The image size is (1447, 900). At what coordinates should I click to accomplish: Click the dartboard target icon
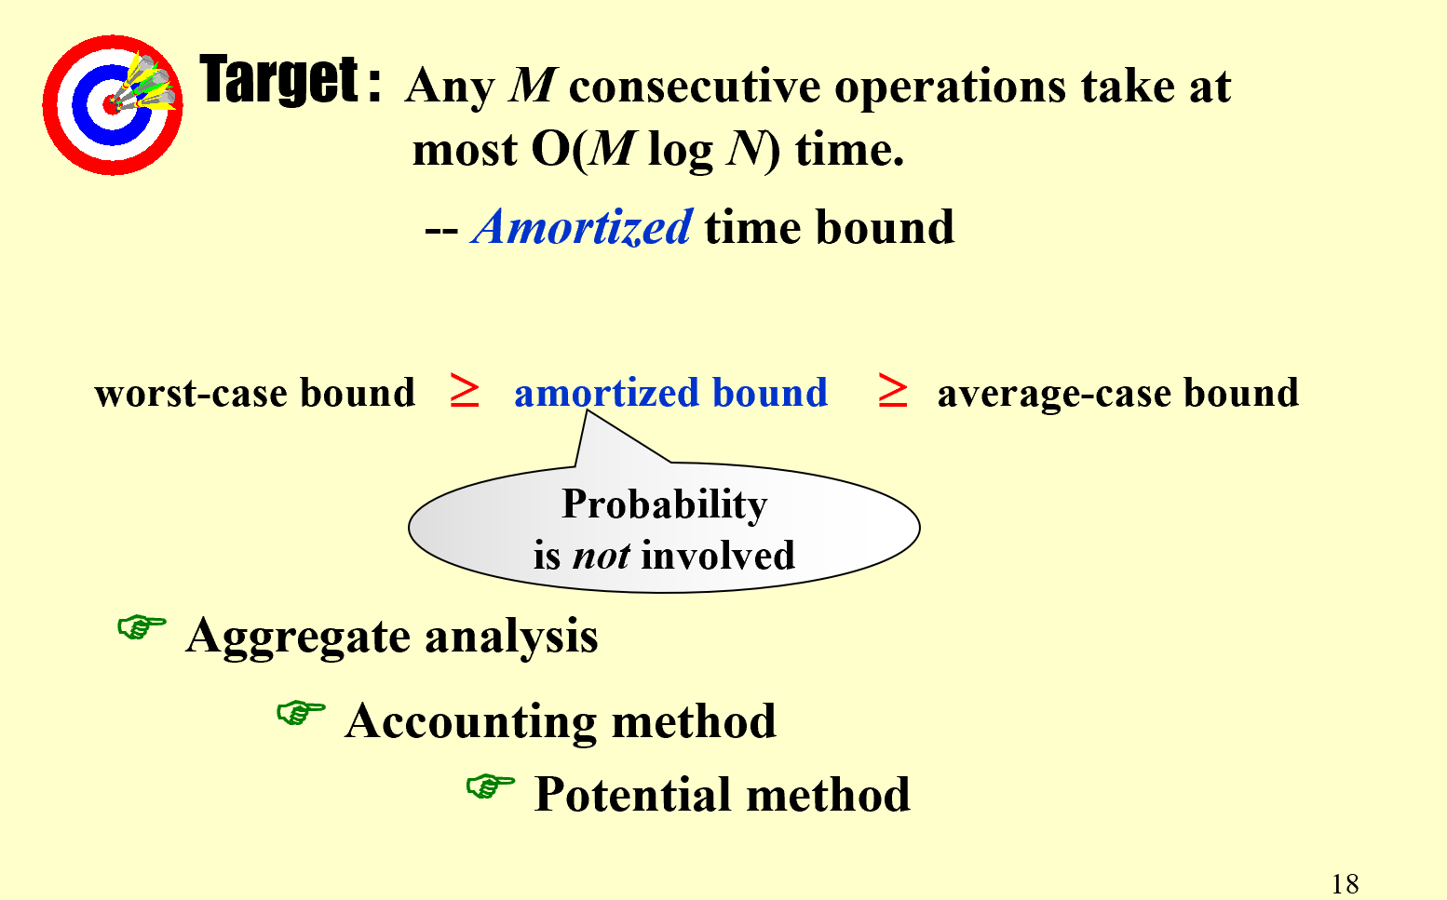[113, 105]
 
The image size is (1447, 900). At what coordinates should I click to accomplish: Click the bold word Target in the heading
[279, 79]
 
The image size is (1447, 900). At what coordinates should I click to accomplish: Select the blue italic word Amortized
[582, 227]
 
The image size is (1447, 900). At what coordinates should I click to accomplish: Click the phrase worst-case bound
[254, 393]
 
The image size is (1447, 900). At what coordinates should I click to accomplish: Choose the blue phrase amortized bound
[670, 392]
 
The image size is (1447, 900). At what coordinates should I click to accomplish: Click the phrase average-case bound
[1118, 393]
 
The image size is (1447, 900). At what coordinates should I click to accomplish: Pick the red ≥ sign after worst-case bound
[465, 390]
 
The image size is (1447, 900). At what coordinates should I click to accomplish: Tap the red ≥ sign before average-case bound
[893, 390]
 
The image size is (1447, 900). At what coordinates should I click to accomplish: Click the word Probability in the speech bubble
[665, 504]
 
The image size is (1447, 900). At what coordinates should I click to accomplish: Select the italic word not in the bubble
[601, 556]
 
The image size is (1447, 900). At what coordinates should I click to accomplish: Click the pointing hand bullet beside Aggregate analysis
[142, 627]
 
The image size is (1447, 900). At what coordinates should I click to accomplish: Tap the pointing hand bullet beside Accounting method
[301, 713]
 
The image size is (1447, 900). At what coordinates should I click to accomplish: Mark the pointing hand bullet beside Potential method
[491, 786]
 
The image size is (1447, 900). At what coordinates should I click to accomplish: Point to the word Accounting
[471, 722]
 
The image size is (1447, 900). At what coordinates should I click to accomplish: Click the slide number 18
[1345, 883]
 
